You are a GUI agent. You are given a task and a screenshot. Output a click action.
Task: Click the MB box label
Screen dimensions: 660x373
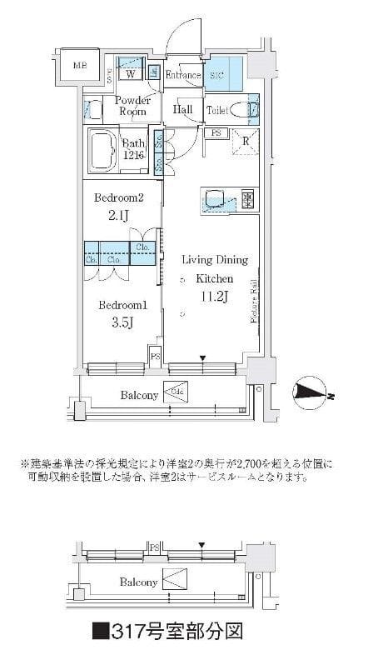79,66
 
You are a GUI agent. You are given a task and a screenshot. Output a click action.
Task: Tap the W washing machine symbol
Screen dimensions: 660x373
131,73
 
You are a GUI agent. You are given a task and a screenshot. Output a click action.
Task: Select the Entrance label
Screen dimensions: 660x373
182,76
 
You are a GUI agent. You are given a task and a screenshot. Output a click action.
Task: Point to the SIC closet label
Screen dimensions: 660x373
217,76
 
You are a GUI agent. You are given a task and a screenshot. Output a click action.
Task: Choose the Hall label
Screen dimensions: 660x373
182,109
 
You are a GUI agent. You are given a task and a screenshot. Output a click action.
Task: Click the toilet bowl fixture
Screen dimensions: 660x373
243,108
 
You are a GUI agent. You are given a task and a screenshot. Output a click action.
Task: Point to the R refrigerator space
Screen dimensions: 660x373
246,141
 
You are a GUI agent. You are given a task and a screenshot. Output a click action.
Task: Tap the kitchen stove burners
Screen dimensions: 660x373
247,198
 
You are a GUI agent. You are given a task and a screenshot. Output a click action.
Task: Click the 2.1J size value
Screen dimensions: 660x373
119,216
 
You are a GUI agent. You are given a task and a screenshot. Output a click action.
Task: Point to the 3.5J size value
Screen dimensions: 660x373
119,322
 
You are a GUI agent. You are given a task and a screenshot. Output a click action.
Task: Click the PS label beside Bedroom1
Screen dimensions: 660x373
155,356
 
